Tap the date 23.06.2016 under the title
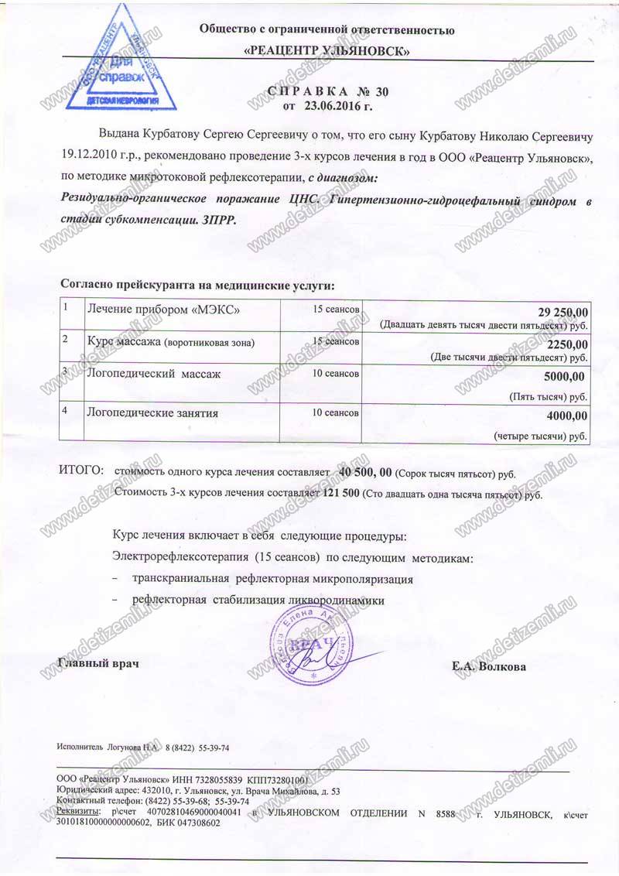[333, 105]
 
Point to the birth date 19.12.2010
[91, 157]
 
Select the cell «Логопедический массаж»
[154, 375]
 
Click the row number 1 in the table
[67, 307]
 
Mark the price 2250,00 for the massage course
[567, 344]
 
